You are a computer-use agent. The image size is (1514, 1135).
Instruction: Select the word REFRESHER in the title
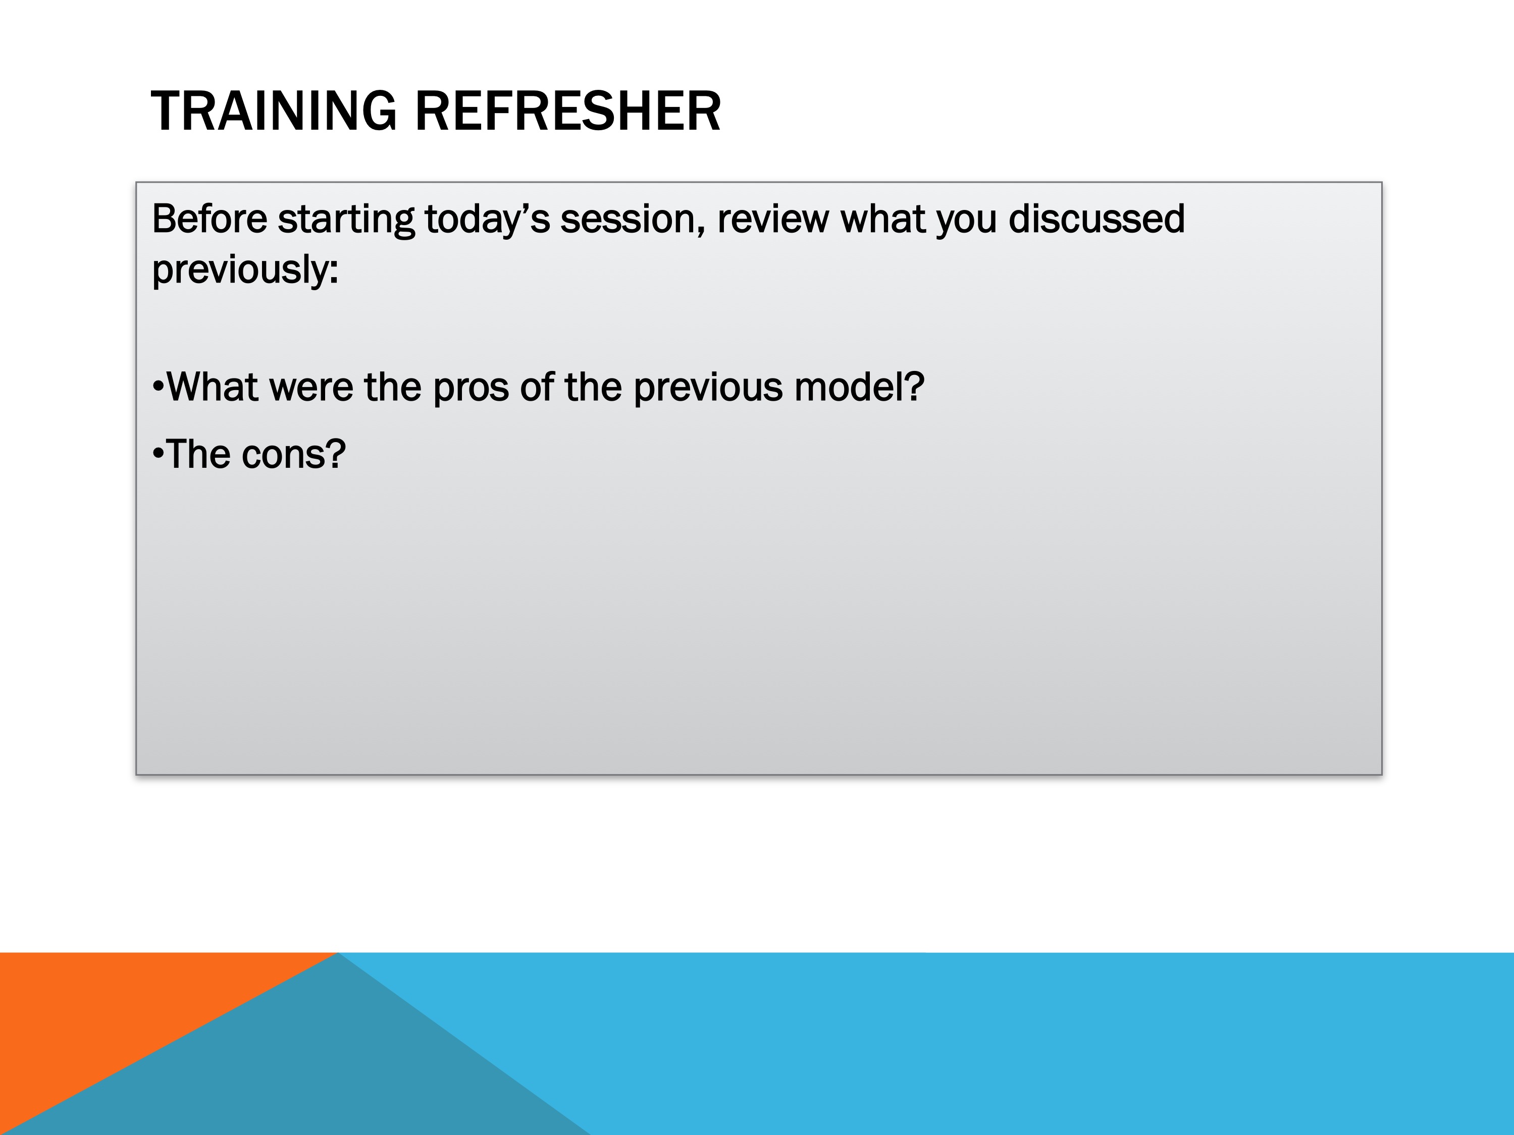pos(568,111)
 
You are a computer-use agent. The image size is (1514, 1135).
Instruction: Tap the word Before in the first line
pos(210,219)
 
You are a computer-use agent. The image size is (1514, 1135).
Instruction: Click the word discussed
pos(1097,219)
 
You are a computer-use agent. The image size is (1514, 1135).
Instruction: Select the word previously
pos(240,269)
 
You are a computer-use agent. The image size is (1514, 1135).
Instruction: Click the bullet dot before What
pos(158,387)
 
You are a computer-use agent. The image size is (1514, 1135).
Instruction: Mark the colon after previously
pos(334,273)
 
